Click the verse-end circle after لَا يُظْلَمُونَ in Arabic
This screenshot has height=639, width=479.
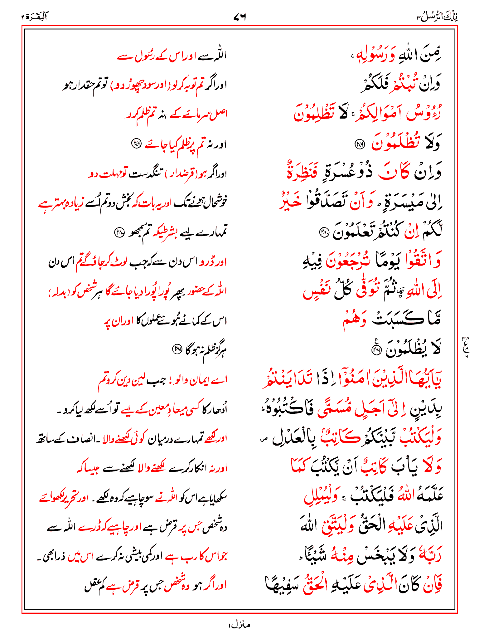(x=377, y=350)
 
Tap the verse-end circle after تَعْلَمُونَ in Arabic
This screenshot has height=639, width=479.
(x=324, y=232)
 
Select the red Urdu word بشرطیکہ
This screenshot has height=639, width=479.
(x=164, y=231)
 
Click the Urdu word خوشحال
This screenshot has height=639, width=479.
(x=215, y=202)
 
